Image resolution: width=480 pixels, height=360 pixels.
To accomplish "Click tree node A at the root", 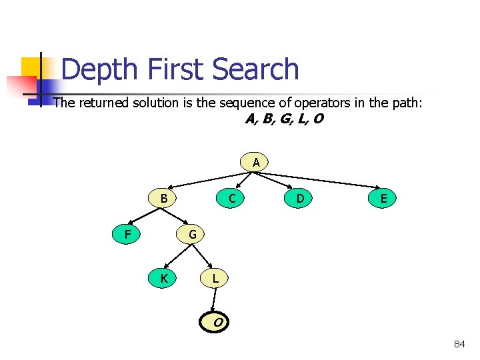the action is coord(256,162).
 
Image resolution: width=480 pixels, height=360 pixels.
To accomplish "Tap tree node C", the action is coord(231,198).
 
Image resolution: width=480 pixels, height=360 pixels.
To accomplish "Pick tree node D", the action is coord(301,198).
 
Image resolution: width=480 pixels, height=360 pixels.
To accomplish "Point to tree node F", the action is coord(127,234).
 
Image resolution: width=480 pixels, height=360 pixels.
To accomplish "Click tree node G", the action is coord(192,234).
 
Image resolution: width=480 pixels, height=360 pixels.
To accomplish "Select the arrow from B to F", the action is coord(145,215).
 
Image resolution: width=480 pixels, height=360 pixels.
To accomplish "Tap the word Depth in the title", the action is coord(101,70).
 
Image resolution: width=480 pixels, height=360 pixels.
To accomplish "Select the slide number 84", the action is coord(459,344).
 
